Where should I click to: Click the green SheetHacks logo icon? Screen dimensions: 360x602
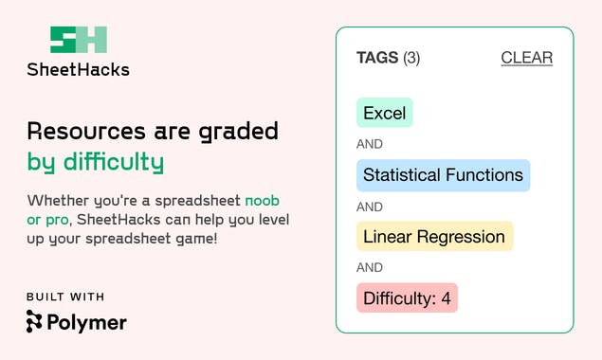tap(79, 40)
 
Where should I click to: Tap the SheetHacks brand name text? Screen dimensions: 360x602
tap(79, 69)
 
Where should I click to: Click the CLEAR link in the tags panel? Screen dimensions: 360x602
tap(526, 58)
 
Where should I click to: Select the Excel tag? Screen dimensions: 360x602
tap(384, 114)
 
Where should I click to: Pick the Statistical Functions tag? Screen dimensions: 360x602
tap(443, 175)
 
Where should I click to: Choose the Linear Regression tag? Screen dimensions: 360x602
tap(434, 237)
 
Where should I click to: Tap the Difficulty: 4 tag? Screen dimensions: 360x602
tap(407, 298)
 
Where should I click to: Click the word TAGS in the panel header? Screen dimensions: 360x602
tap(377, 58)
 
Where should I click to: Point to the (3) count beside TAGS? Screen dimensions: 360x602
tap(411, 58)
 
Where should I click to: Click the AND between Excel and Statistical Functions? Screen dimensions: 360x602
tap(370, 145)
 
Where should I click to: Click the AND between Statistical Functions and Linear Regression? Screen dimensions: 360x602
tap(370, 207)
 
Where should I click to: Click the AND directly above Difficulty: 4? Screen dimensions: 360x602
tap(370, 268)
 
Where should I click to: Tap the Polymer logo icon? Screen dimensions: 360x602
tap(35, 322)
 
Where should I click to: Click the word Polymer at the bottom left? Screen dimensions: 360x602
tap(87, 322)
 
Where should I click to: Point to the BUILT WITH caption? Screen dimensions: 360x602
tap(65, 297)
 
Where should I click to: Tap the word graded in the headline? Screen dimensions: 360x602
tap(238, 131)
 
